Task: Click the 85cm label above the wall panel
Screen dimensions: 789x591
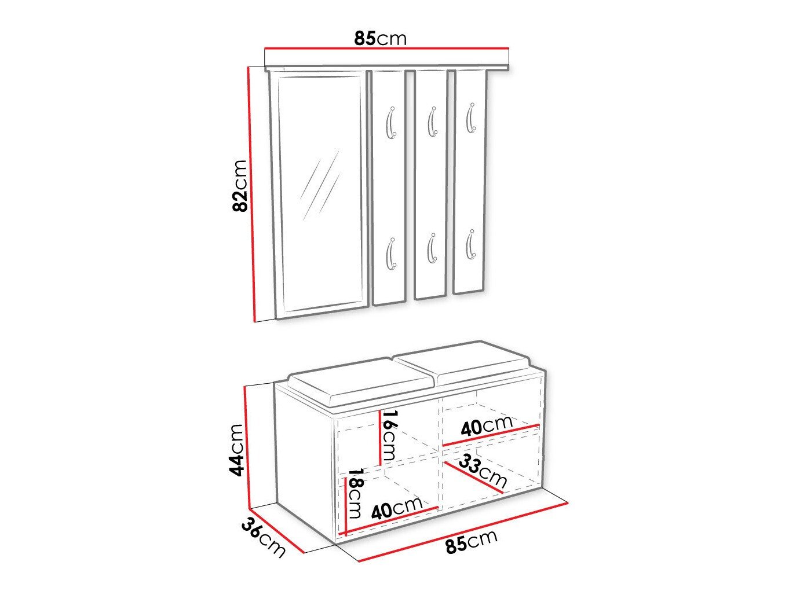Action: (x=380, y=38)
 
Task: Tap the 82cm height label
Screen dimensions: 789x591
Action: (x=240, y=186)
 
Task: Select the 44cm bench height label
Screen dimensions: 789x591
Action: (x=237, y=450)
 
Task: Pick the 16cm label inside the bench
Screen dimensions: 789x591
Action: (x=390, y=435)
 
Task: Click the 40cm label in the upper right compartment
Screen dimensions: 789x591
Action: (x=487, y=426)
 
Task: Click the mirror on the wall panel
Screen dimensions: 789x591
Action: (x=320, y=194)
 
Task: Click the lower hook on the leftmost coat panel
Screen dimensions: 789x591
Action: (x=390, y=254)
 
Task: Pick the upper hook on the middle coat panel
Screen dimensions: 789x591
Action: (x=432, y=122)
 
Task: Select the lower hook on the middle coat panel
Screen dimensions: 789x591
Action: (x=432, y=248)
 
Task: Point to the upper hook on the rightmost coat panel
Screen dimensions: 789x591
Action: (x=471, y=118)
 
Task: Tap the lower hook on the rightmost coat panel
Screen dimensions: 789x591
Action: (x=471, y=244)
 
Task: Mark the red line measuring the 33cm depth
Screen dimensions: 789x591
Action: (x=473, y=477)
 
